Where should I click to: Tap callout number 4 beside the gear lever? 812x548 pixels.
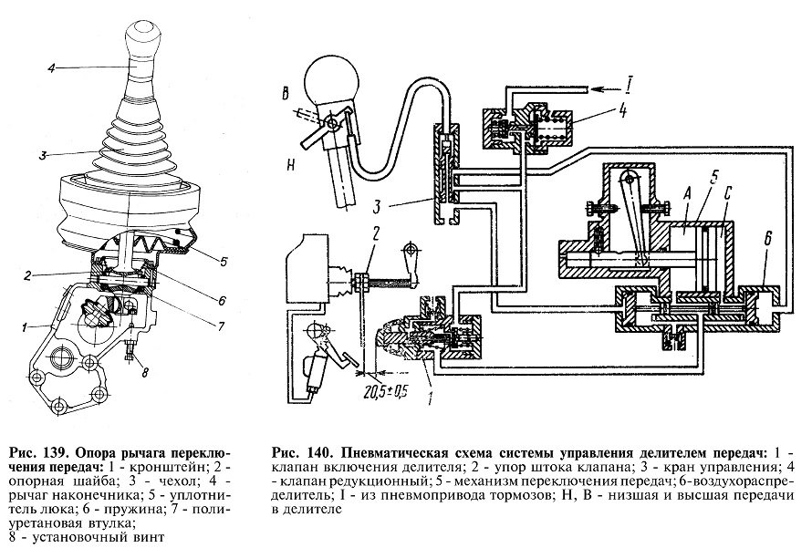click(x=52, y=67)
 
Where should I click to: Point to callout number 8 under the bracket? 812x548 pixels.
click(x=135, y=370)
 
